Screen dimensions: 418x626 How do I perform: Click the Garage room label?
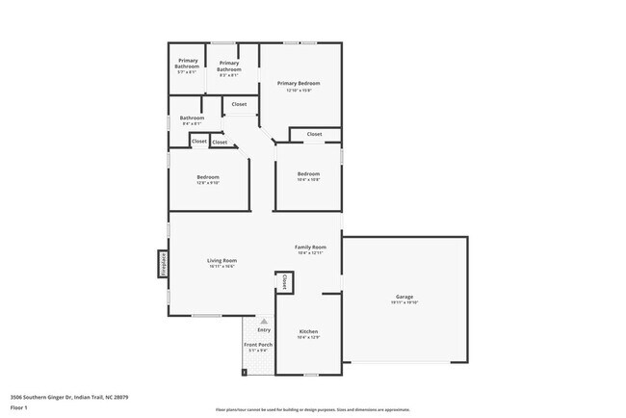point(404,296)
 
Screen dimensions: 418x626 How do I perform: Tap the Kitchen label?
point(308,331)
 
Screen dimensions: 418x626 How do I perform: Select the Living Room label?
point(222,260)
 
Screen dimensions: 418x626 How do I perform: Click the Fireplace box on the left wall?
point(163,264)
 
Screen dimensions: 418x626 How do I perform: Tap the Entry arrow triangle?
point(263,322)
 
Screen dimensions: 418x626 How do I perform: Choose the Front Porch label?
point(257,345)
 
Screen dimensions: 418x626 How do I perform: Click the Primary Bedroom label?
point(299,84)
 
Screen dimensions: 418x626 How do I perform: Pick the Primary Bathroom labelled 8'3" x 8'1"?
point(229,66)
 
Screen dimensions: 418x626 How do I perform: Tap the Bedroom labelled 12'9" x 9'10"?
point(208,177)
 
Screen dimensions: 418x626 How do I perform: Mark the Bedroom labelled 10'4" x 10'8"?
point(308,174)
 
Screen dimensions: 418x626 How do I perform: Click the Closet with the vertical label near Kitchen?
point(285,282)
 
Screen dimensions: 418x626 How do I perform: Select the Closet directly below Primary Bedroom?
point(314,134)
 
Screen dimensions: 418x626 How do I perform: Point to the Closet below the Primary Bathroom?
point(239,104)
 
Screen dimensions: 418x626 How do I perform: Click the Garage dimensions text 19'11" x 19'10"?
point(404,302)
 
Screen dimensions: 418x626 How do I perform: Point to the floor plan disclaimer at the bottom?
point(312,409)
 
